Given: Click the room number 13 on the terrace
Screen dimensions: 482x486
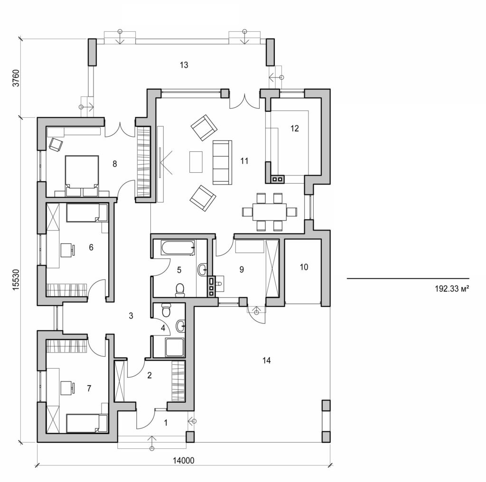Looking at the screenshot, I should (x=184, y=65).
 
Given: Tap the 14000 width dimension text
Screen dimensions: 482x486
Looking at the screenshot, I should (x=182, y=460).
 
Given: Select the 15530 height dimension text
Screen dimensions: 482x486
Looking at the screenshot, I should (x=16, y=283).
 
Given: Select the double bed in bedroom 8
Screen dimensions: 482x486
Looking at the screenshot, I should (x=81, y=174).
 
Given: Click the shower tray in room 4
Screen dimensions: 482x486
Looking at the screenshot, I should (x=174, y=348).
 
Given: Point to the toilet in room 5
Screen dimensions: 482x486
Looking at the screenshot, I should (x=180, y=289).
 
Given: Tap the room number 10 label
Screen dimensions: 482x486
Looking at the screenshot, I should (x=304, y=267).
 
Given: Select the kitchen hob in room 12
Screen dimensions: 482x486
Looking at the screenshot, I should (x=278, y=179).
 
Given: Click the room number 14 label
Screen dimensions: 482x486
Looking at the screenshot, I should (x=266, y=361).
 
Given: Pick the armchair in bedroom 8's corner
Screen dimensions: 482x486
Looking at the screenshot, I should (x=56, y=144).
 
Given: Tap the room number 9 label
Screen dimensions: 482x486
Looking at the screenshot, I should (x=241, y=269).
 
